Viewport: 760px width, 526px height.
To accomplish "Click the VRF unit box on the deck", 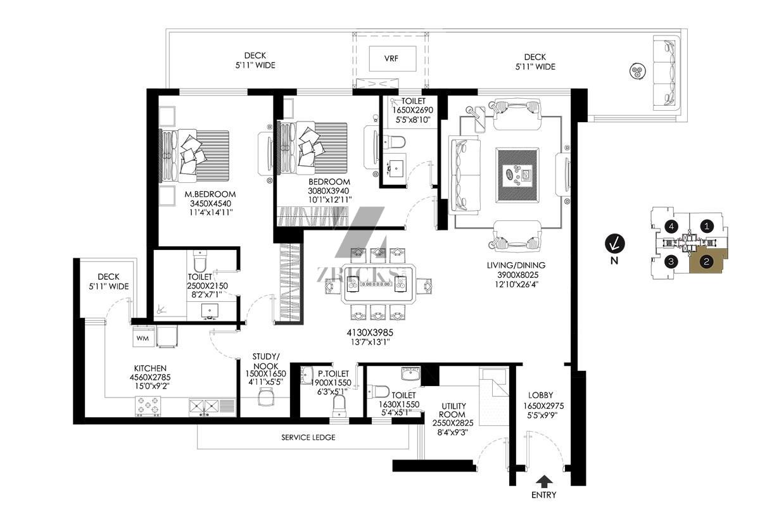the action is point(393,59).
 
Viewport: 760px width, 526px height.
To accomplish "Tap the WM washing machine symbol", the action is point(142,337).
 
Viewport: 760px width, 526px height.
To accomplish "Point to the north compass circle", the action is point(614,244).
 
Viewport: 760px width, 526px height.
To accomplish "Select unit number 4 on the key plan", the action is point(671,226).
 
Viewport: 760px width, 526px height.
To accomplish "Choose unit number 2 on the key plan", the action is point(707,261).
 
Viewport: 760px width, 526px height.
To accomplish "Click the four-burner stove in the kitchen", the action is point(148,406).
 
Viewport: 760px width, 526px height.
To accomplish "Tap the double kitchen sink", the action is point(204,407).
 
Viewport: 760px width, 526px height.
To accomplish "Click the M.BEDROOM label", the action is point(210,194).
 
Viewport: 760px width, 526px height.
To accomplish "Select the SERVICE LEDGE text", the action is point(308,437).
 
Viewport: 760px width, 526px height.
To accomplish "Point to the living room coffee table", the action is point(517,175).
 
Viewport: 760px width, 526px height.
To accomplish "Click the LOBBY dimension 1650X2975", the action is point(543,406).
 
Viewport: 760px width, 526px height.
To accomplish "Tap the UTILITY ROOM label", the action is point(453,410).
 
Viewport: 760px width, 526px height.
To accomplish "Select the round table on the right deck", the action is point(638,72).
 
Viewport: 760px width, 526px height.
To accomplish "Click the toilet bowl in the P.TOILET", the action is point(339,406).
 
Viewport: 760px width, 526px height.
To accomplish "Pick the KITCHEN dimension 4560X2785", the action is point(150,377).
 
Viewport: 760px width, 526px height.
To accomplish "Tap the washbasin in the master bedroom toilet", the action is point(210,310).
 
